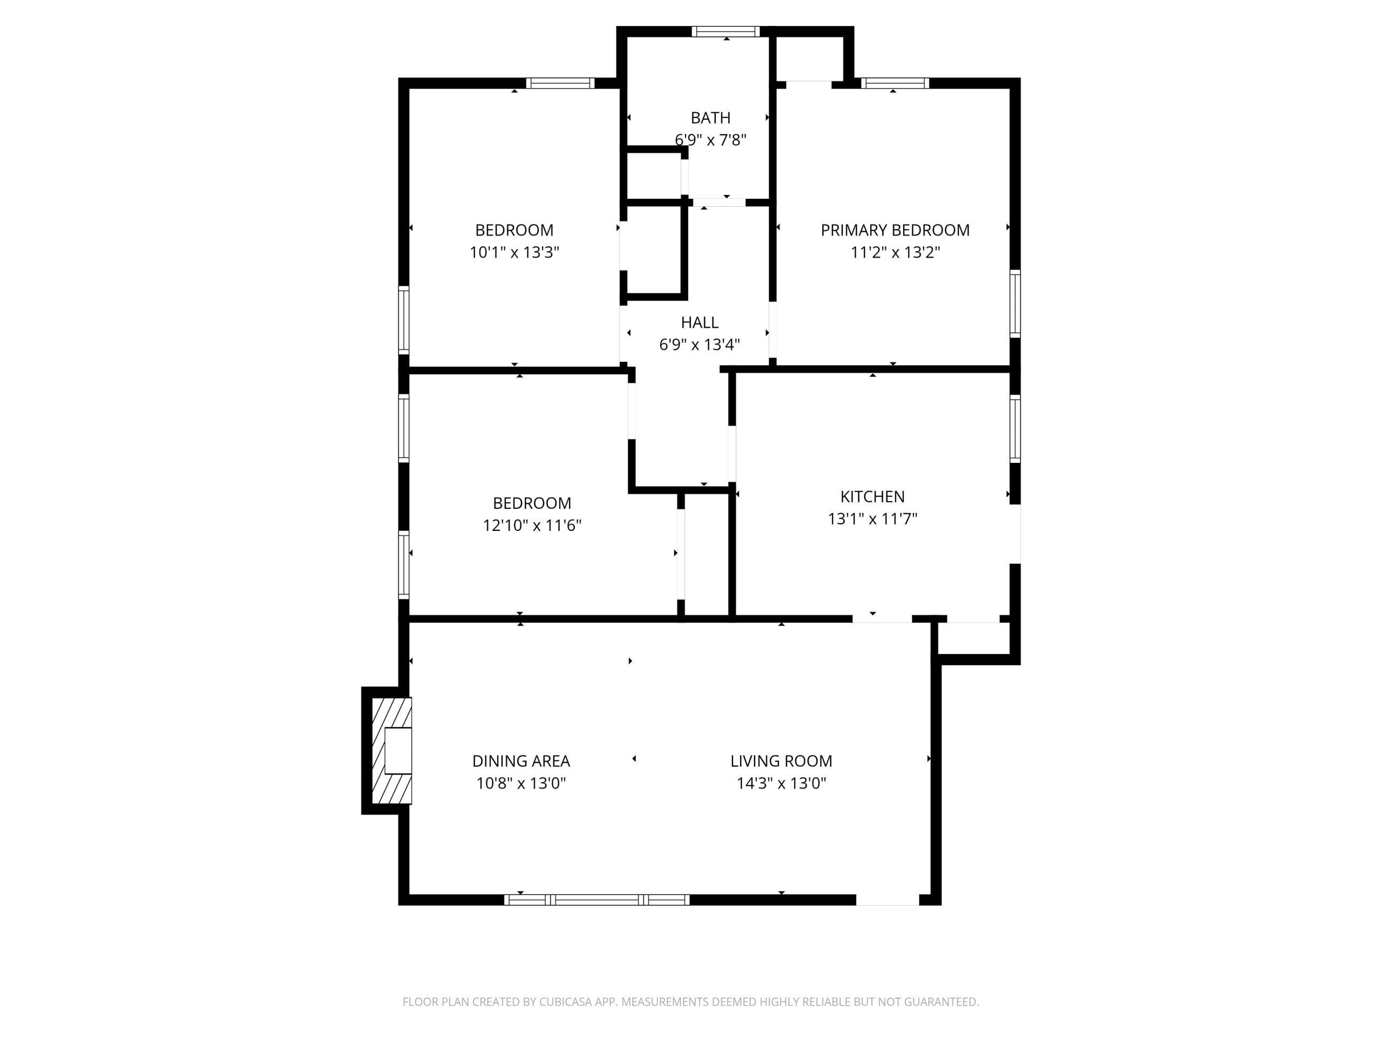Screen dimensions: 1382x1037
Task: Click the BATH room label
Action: pos(710,118)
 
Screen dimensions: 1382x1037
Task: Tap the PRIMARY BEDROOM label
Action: pos(895,230)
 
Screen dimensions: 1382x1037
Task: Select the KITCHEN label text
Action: pos(872,496)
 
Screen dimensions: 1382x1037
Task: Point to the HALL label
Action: pos(699,322)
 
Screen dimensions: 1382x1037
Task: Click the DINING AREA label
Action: pos(521,760)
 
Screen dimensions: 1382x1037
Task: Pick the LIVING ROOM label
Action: pos(781,760)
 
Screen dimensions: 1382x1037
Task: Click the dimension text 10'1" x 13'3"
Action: pos(514,252)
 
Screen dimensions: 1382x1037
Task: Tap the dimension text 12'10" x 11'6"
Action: pos(532,525)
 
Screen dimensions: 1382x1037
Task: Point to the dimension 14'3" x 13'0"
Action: pos(781,783)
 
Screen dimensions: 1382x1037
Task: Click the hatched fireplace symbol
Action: pos(392,751)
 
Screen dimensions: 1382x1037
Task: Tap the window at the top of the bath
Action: pos(726,31)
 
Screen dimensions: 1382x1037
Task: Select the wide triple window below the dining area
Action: pos(597,900)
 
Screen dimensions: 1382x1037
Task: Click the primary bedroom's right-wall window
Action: pos(1015,304)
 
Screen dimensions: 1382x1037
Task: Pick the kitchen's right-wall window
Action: pos(1015,429)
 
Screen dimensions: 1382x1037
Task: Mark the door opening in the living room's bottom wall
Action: pos(887,900)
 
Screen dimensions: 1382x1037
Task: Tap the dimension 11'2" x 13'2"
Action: pos(895,252)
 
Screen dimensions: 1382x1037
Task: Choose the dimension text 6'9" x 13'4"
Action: pos(699,345)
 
